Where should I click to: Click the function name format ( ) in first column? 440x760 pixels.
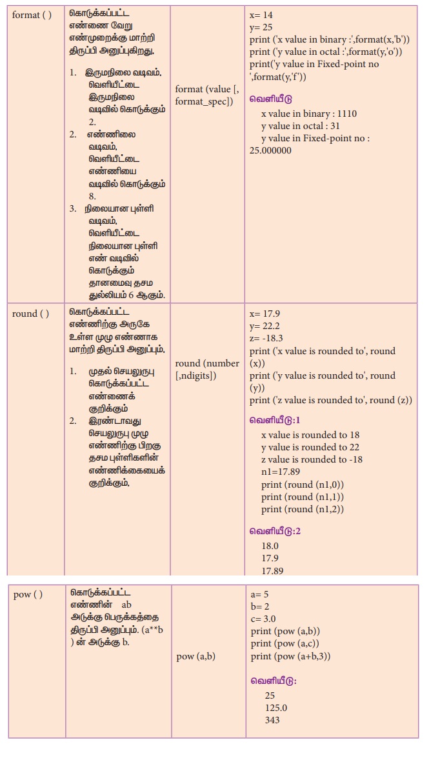(31, 15)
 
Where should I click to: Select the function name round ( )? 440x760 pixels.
(30, 314)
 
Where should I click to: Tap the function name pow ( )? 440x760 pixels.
(28, 594)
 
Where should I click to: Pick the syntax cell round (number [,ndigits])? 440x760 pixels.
(207, 369)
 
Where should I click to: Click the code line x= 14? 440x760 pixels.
(261, 15)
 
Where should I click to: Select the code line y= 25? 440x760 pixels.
(261, 28)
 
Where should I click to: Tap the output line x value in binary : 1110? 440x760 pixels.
(308, 114)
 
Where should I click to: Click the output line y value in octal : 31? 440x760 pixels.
(300, 126)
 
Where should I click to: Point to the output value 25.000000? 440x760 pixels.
(270, 150)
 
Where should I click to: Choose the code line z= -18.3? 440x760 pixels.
(266, 338)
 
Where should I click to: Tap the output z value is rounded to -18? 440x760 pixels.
(312, 459)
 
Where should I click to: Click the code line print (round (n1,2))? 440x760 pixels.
(302, 509)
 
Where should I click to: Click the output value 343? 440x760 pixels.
(272, 720)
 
